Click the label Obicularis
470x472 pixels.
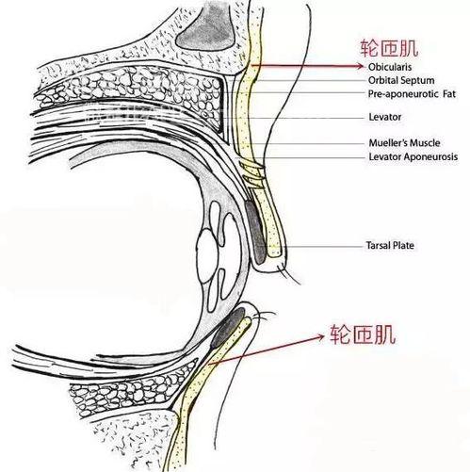[x=390, y=67]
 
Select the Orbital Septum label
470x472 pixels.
[x=401, y=80]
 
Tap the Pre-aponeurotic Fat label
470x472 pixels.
[x=412, y=94]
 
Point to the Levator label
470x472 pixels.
[x=385, y=117]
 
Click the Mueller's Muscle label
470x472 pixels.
[x=404, y=143]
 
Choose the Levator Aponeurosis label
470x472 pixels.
[x=413, y=156]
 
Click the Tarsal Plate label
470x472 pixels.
[x=390, y=245]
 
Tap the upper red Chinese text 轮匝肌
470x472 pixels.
[x=389, y=48]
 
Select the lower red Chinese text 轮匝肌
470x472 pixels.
[x=363, y=334]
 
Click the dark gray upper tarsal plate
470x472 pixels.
[x=256, y=232]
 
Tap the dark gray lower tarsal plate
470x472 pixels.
[x=228, y=328]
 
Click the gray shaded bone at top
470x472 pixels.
[x=206, y=30]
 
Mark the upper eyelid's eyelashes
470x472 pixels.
[x=288, y=273]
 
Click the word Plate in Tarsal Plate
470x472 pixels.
[x=403, y=245]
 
